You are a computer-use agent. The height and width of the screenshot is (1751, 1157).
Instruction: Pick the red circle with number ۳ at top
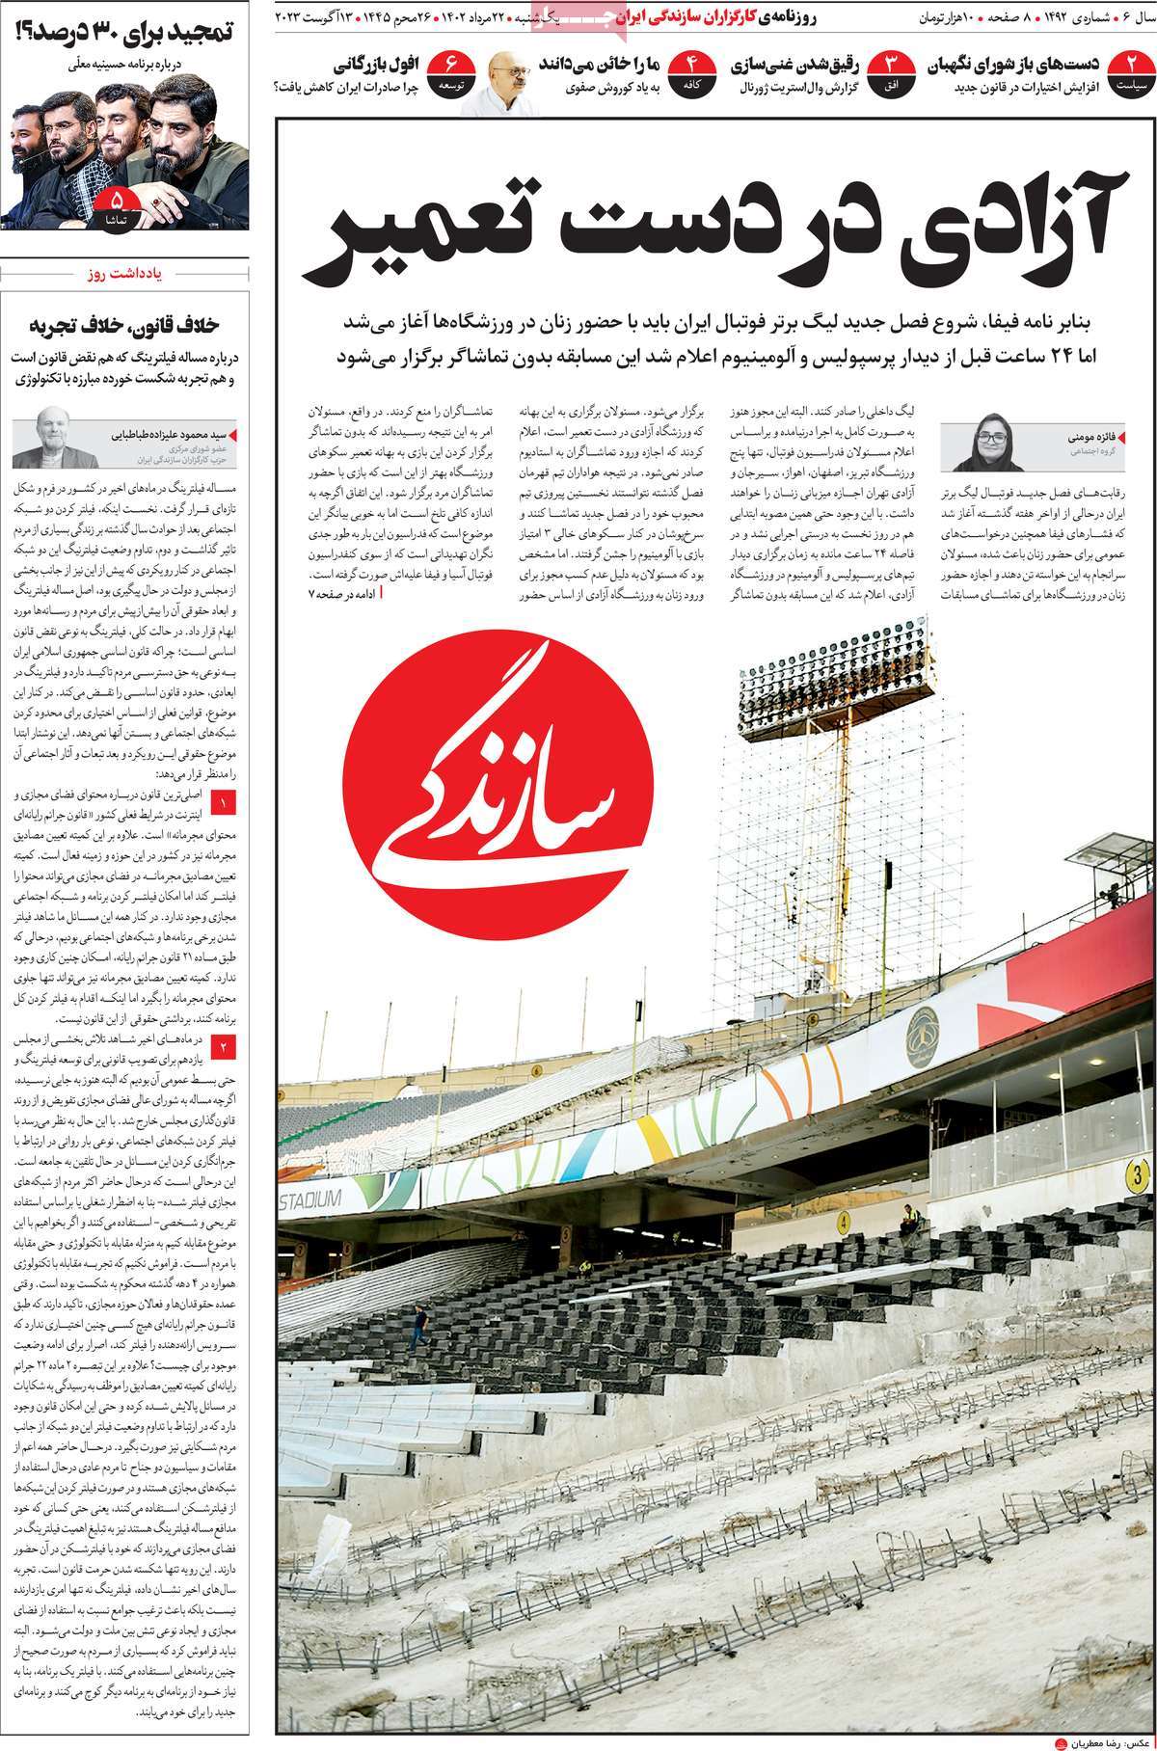point(891,72)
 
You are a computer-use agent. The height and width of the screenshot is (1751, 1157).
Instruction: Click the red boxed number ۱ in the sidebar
point(223,801)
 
